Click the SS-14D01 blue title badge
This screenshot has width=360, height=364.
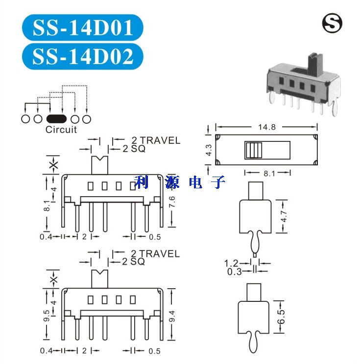(x=82, y=27)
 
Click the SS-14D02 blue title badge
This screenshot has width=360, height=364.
(x=82, y=56)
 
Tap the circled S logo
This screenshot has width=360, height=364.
(x=332, y=23)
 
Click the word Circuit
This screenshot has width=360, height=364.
(x=61, y=130)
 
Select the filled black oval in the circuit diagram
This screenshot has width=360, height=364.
(x=56, y=119)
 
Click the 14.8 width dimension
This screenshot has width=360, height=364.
(x=267, y=127)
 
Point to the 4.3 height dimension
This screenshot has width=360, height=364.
(x=209, y=150)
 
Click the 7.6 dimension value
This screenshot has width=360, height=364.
(x=172, y=202)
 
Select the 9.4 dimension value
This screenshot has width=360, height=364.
(x=172, y=316)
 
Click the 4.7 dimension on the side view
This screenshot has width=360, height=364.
(x=284, y=216)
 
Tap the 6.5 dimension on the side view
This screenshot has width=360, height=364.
(x=281, y=317)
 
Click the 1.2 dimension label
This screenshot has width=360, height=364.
(x=231, y=263)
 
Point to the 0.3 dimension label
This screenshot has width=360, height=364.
(x=234, y=272)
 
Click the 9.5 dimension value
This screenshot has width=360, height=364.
(x=47, y=316)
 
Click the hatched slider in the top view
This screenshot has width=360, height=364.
(x=253, y=150)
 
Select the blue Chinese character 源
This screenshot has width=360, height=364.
(x=172, y=182)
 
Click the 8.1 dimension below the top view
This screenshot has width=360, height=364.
(x=269, y=173)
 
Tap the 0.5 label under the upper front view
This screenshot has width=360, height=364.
(x=155, y=237)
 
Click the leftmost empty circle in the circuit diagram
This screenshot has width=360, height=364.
(x=25, y=119)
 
